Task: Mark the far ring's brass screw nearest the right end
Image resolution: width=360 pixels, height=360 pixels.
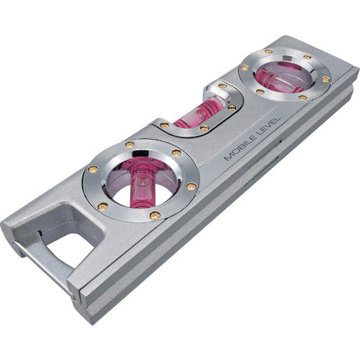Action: coord(325,78)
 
